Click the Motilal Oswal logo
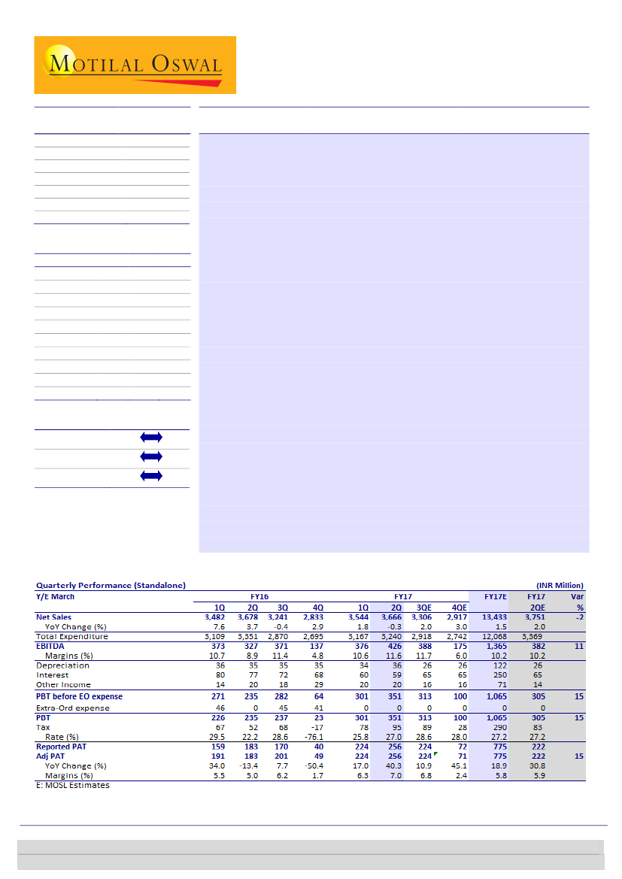click(135, 65)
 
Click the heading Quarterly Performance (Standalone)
click(111, 585)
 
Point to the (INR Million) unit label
click(560, 585)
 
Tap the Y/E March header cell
click(56, 596)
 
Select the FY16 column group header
click(259, 596)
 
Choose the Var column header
click(577, 596)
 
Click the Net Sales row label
click(54, 617)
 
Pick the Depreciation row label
click(62, 665)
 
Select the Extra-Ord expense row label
click(73, 708)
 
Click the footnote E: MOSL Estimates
click(73, 786)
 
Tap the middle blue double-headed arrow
click(150, 456)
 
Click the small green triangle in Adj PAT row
click(435, 753)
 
